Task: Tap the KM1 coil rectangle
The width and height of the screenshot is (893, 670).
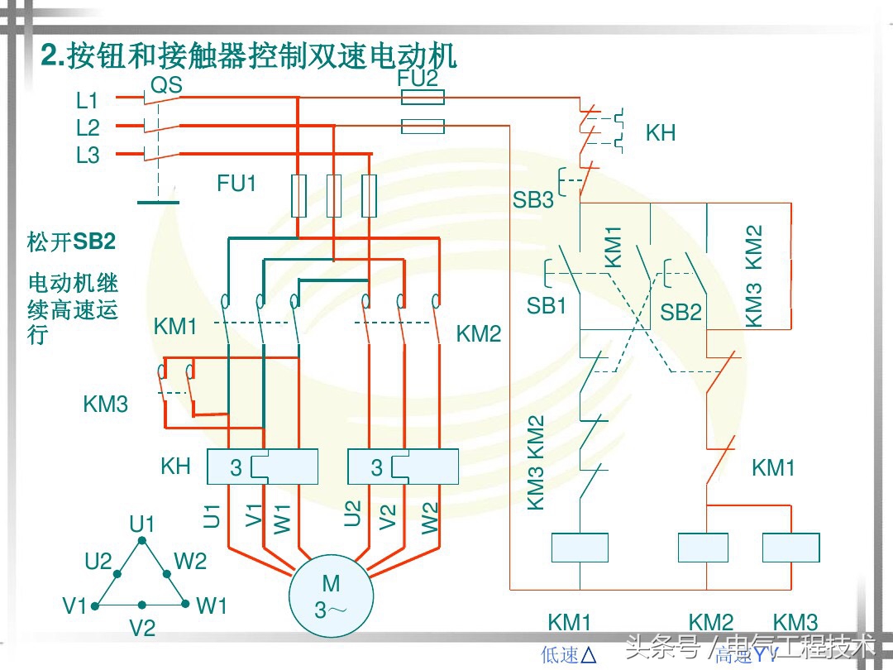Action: [x=580, y=548]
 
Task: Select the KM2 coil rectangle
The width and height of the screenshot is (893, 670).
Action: [x=703, y=548]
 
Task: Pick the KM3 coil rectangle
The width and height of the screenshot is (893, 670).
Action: [x=790, y=548]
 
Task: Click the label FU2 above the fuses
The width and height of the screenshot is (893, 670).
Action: [x=418, y=79]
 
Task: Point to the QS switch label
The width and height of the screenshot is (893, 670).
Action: [x=166, y=85]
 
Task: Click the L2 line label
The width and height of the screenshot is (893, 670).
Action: [x=88, y=127]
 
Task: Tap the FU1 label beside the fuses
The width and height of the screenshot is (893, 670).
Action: [x=237, y=184]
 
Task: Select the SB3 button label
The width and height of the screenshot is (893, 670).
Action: [x=533, y=200]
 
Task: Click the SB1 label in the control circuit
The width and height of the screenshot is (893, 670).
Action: [x=547, y=306]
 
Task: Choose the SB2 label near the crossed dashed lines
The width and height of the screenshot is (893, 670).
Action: [x=680, y=312]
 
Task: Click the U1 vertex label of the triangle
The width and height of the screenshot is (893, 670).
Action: [x=142, y=524]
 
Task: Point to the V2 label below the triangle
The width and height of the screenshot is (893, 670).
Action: [x=142, y=628]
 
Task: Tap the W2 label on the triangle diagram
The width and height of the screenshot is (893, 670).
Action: [x=190, y=561]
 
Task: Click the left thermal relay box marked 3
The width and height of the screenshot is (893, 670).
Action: [x=262, y=467]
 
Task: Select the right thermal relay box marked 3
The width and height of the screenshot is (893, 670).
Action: [x=404, y=467]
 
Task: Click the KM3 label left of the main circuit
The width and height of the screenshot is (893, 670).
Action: [x=106, y=404]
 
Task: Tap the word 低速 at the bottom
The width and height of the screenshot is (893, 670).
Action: [x=560, y=655]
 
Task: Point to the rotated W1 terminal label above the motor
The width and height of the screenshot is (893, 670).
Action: [x=283, y=519]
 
